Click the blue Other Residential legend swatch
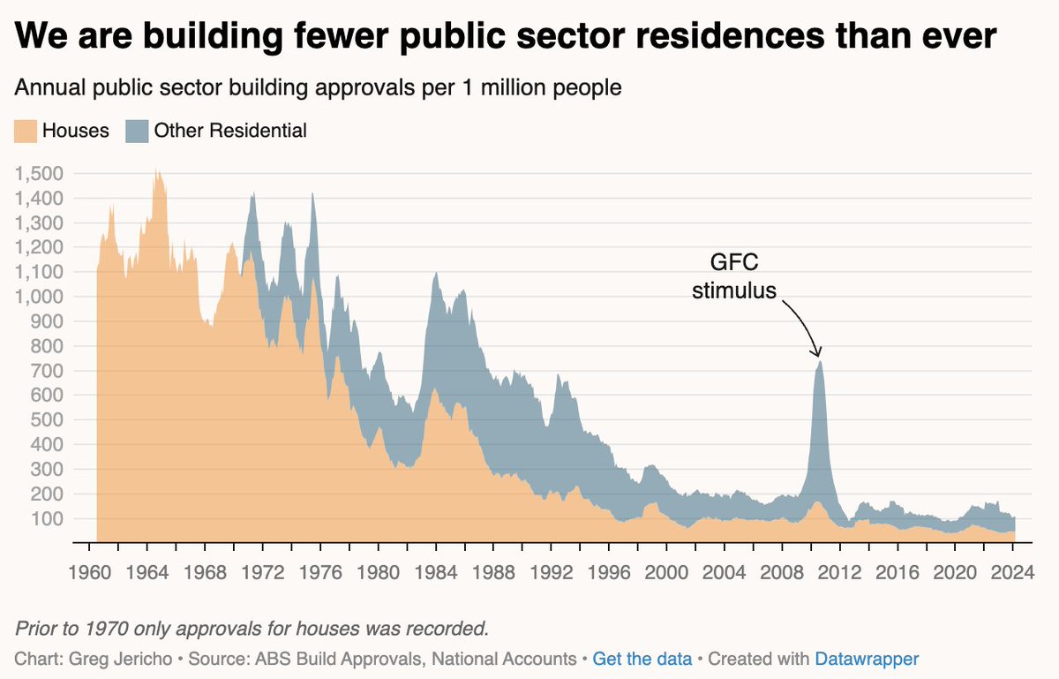click(x=138, y=131)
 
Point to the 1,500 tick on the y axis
click(x=39, y=174)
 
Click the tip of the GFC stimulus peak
click(x=820, y=361)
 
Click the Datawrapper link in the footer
click(x=867, y=659)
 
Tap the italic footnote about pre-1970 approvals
click(x=252, y=629)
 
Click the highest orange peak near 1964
click(x=157, y=170)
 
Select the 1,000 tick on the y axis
click(x=39, y=297)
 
